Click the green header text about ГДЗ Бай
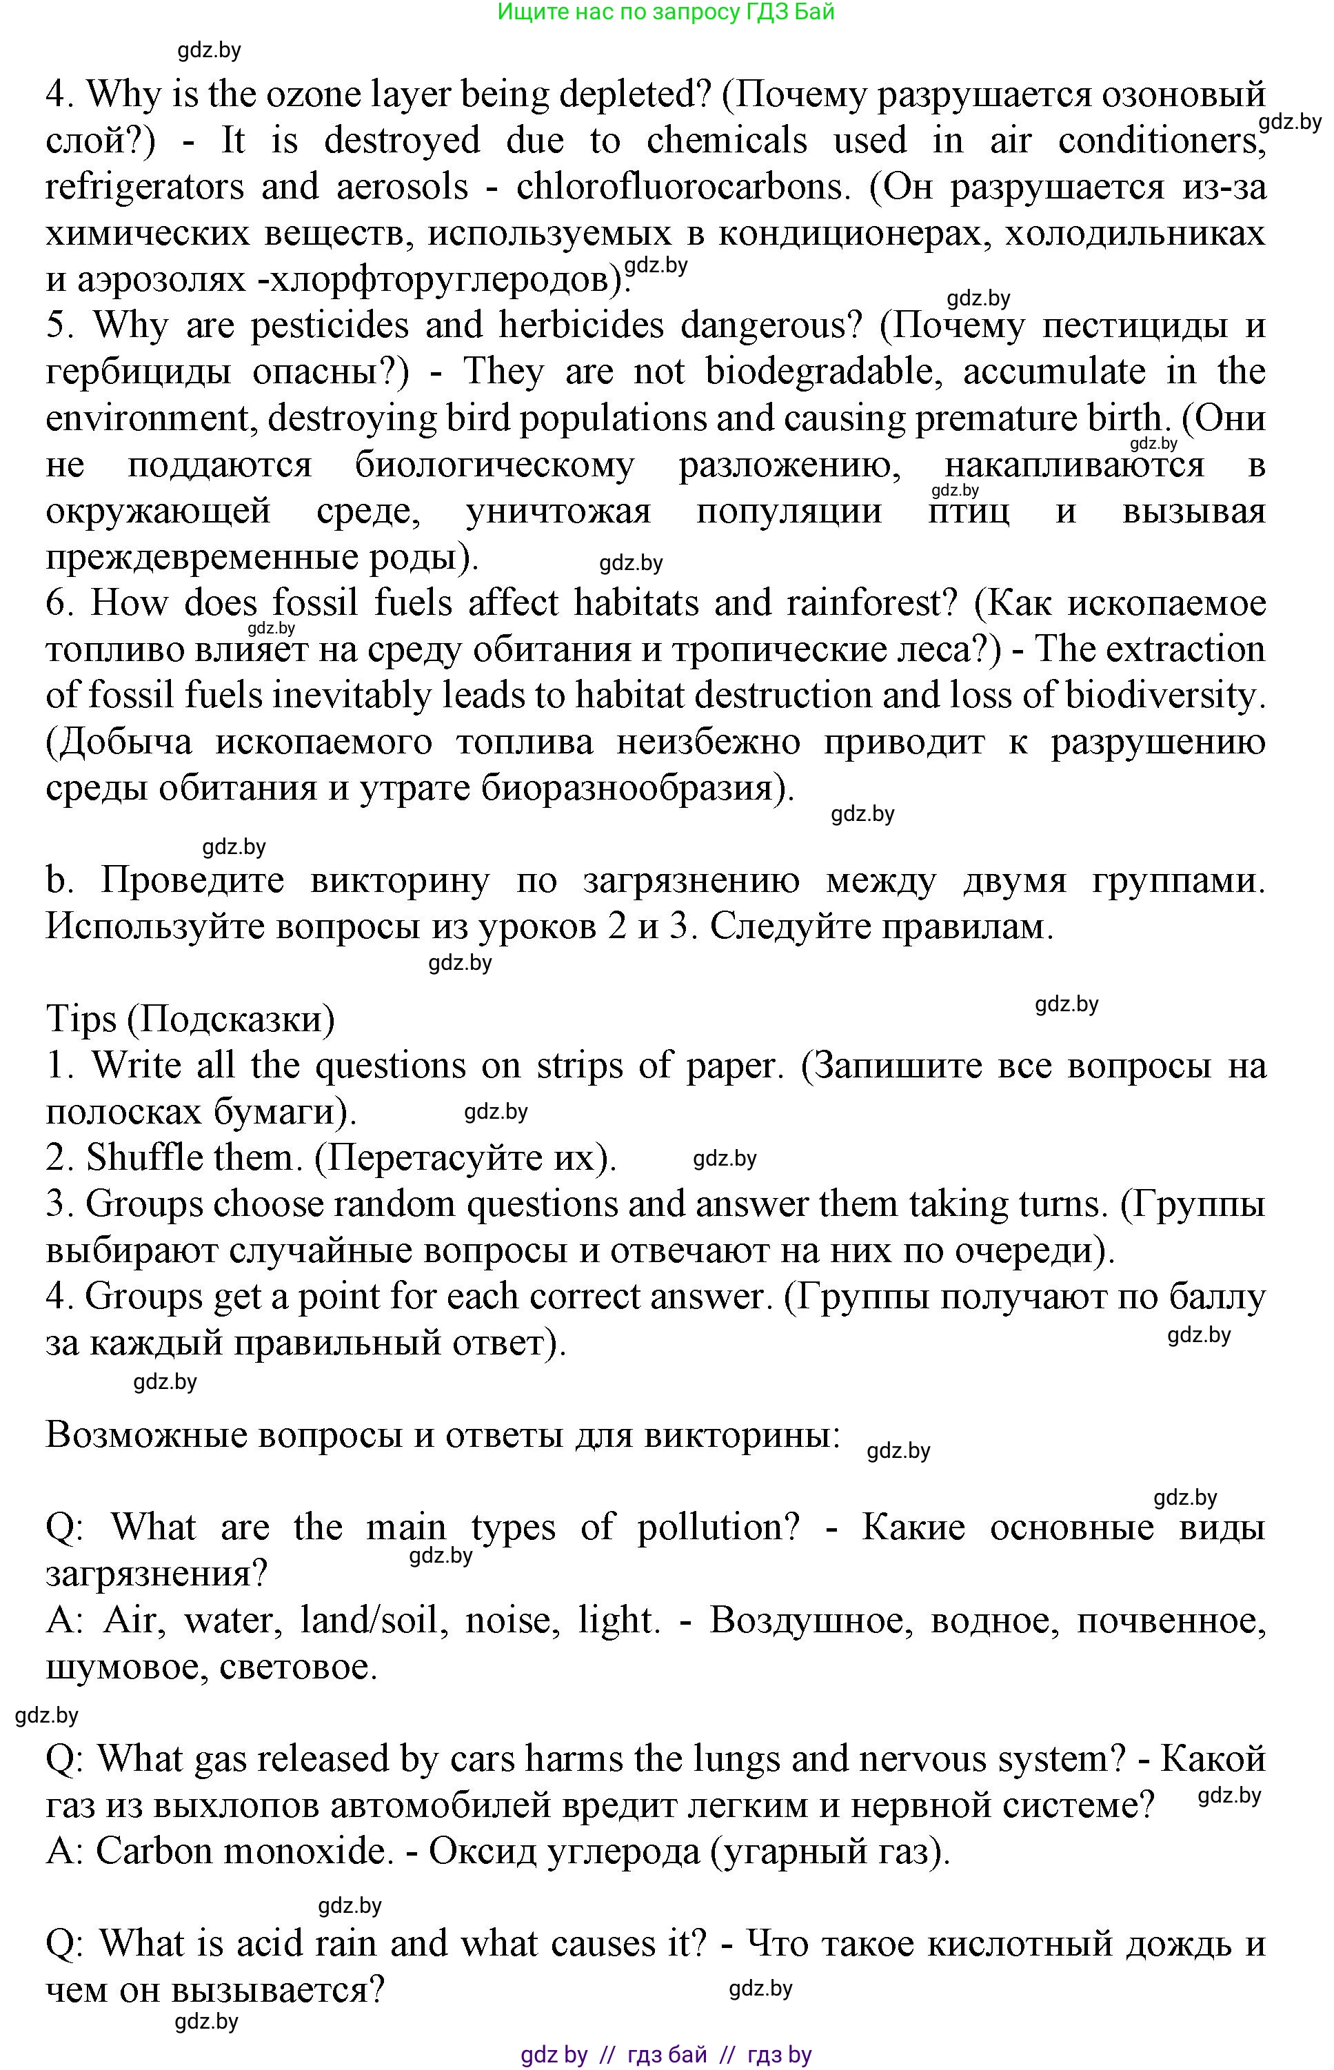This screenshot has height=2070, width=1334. click(665, 13)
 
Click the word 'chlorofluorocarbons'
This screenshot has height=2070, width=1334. click(679, 187)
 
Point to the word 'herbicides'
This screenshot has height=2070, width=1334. click(581, 325)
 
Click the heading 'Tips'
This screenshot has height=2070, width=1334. click(81, 1019)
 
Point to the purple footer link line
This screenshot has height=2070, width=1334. click(665, 2054)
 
